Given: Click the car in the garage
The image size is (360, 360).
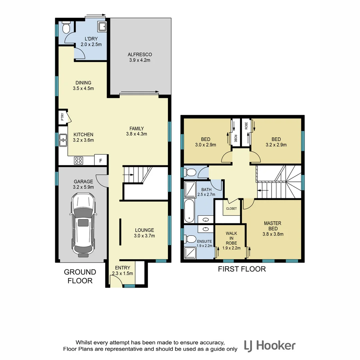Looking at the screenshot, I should pos(83,225).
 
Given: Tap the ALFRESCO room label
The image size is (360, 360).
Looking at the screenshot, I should pos(140,54).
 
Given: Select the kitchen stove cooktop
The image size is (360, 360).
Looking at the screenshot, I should pos(78,160).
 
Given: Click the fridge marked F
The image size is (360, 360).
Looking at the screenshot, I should pos(100,160).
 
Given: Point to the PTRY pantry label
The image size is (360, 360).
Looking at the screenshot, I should pos(62,117).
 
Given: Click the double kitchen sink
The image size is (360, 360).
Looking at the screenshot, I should pos(62,140).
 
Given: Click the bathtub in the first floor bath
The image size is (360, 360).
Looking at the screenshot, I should pos(189,212).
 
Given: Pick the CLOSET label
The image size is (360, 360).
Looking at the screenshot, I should pos(231,209).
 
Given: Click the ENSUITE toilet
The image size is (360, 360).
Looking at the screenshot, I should pos(191,239).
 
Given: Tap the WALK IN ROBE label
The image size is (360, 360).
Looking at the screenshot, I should pos(231,238).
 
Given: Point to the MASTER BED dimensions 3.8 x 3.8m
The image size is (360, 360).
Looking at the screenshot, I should pos(272,234).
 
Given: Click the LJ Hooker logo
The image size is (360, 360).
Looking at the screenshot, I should pos(270,345).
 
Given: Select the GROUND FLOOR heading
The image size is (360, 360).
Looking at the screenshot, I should pos(80,276).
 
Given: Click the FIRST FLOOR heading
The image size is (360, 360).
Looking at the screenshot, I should pos(242,269).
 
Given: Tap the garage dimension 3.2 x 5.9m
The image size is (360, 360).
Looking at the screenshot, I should pos(83,187).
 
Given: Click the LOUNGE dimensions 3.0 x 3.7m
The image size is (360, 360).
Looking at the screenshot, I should pos(144,236).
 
